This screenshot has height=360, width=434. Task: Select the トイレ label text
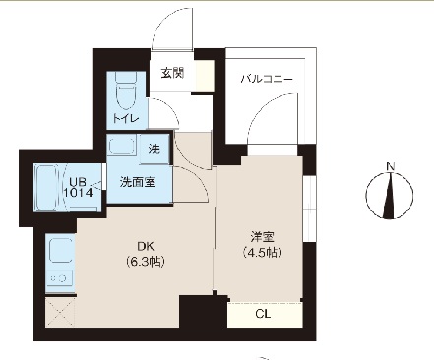tap(126, 119)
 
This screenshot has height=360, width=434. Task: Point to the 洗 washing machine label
tap(155, 149)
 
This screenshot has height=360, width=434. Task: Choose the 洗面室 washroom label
tap(136, 181)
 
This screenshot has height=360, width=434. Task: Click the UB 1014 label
tap(80, 187)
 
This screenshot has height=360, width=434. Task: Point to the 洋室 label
tap(261, 237)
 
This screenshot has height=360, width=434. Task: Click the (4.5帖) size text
tap(261, 252)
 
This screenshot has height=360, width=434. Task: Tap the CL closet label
tap(262, 315)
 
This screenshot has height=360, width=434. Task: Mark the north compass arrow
tap(391, 194)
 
